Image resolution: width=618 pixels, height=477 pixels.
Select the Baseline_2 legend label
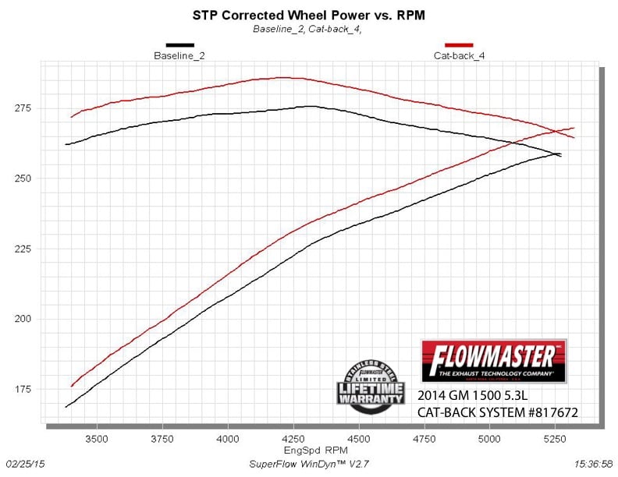(179, 56)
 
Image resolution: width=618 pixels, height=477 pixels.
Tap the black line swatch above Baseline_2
(179, 45)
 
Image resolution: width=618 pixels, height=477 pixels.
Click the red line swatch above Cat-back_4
(460, 45)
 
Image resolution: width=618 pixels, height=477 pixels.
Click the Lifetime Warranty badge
(370, 381)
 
